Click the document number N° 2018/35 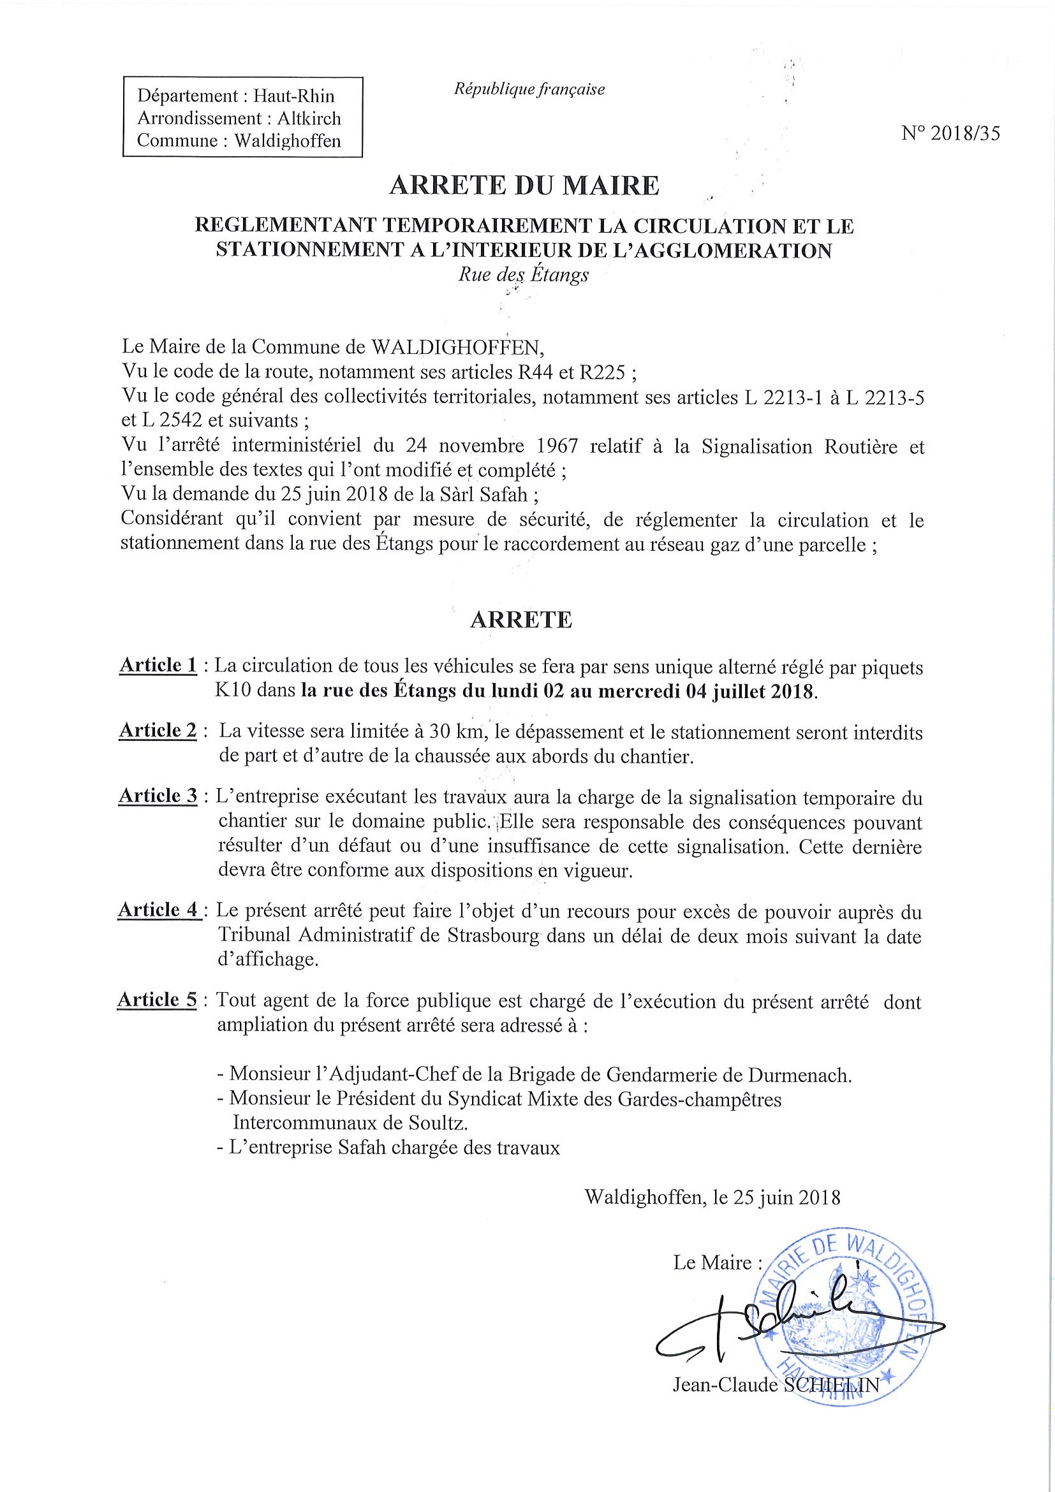pyautogui.click(x=950, y=133)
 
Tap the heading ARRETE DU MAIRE pyautogui.click(x=524, y=186)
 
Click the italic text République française pyautogui.click(x=529, y=89)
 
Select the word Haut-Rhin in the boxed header pyautogui.click(x=294, y=96)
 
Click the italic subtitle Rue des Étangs pyautogui.click(x=523, y=275)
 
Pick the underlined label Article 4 pyautogui.click(x=158, y=910)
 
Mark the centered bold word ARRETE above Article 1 pyautogui.click(x=520, y=620)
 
